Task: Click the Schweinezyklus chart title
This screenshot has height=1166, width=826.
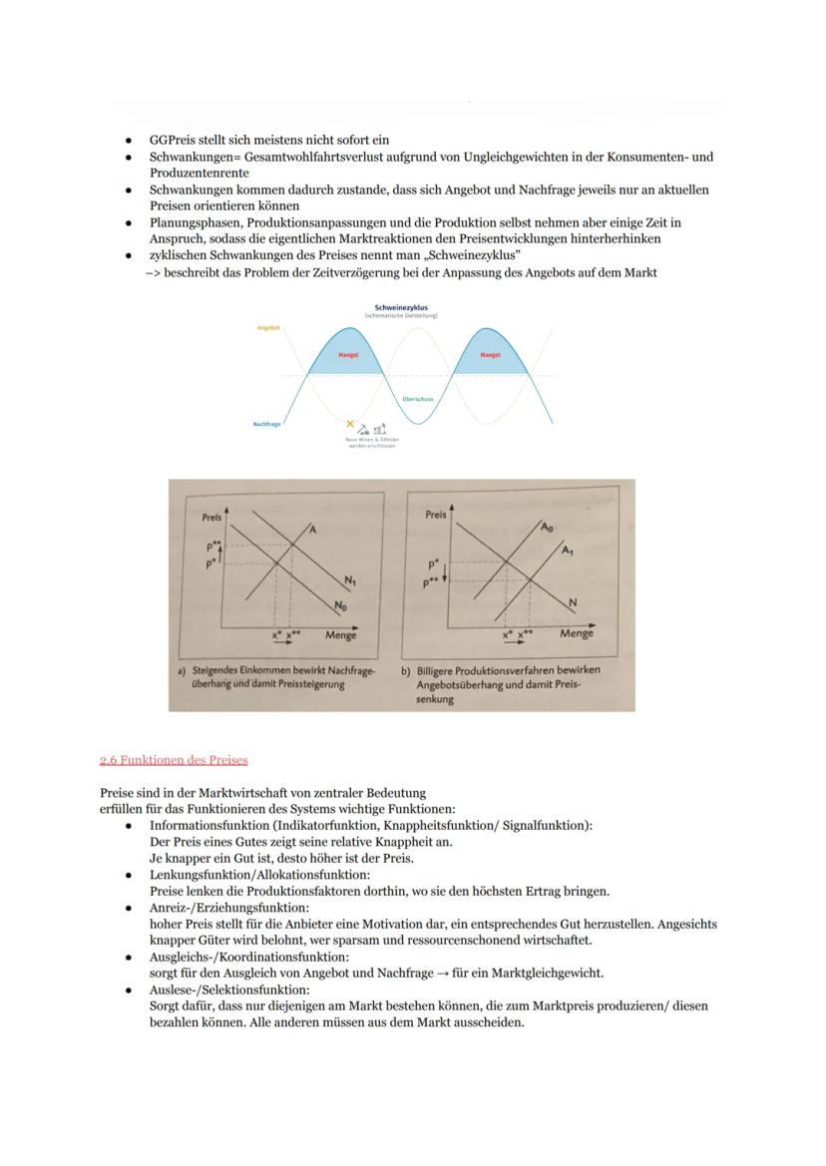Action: point(400,308)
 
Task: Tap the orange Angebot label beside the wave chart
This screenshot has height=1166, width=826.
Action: point(267,327)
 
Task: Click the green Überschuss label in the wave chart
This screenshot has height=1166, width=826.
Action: point(417,398)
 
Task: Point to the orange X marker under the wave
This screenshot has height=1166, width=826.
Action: point(350,425)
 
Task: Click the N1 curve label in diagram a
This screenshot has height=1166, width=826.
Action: point(350,581)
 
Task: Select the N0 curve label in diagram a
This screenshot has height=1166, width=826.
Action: point(339,605)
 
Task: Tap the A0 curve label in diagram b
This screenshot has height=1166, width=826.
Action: point(547,527)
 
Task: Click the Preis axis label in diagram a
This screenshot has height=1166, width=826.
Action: point(211,518)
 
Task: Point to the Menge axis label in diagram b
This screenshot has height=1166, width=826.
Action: point(577,633)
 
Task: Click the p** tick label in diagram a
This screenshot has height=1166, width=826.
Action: point(212,547)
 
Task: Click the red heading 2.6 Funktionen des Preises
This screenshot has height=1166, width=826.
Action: point(174,760)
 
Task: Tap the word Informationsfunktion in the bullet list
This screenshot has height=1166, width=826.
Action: point(212,826)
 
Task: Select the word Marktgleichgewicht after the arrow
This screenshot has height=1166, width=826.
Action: point(555,973)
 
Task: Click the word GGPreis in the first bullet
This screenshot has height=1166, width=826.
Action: point(173,141)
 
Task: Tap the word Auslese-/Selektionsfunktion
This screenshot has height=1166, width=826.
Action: point(229,989)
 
